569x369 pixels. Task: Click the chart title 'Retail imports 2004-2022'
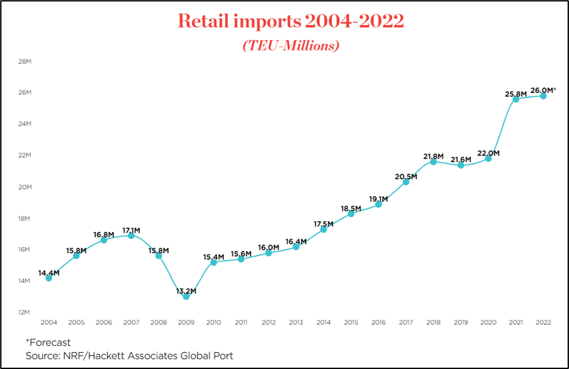coord(291,21)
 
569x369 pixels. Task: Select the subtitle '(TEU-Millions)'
coord(291,46)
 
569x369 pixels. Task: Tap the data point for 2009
coord(186,296)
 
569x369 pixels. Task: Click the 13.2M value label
coord(186,290)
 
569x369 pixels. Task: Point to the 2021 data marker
coord(516,99)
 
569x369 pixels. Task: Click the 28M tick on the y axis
coord(25,62)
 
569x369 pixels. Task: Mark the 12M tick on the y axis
coord(25,312)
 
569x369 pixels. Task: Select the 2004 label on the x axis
coord(48,322)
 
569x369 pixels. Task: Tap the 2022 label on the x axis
coord(543,322)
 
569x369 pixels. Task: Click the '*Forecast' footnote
coord(48,342)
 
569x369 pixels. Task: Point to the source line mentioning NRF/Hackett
coord(129,356)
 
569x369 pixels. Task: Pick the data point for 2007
coord(131,235)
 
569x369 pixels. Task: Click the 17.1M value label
coord(131,230)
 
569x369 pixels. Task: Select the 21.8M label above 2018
coord(433,156)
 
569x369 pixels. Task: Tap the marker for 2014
coord(323,229)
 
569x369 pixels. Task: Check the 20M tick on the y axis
coord(25,187)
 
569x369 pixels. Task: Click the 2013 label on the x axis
coord(296,322)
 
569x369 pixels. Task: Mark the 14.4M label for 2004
coord(48,273)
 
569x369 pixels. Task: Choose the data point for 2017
coord(406,182)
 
